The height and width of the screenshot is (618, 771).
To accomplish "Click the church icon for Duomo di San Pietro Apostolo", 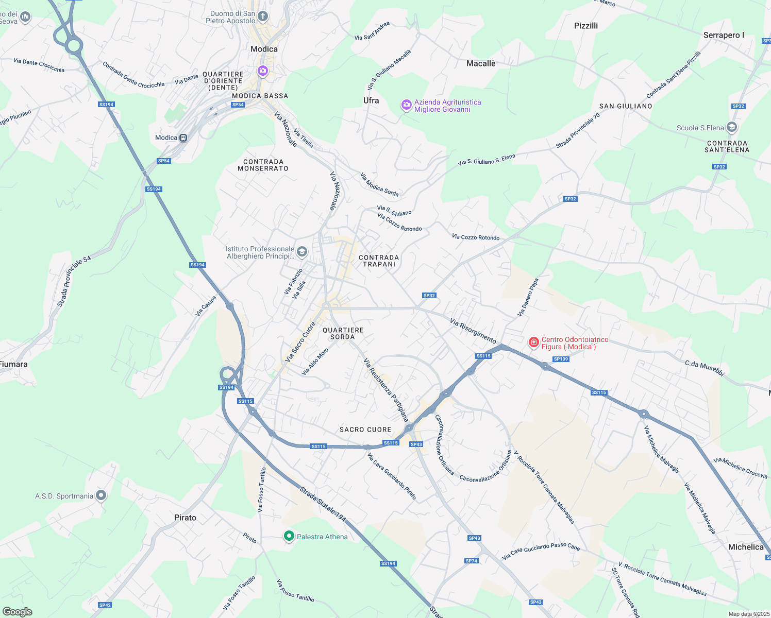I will tap(263, 16).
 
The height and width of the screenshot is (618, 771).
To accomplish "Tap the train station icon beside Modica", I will tap(183, 138).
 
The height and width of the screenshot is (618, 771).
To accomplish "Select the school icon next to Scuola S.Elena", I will tap(731, 127).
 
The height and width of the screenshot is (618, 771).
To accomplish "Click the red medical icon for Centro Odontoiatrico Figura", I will tap(534, 342).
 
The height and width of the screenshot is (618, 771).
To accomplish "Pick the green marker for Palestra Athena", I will tap(289, 537).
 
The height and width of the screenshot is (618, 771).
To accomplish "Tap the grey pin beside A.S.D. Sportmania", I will tap(101, 495).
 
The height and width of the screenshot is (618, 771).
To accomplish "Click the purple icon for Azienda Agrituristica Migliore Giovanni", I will tap(407, 106).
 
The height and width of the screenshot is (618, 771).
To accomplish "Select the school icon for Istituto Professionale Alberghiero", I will tap(302, 252).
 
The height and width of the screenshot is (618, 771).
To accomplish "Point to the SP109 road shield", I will tap(560, 359).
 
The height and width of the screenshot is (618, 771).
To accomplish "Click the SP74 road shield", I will tap(471, 561).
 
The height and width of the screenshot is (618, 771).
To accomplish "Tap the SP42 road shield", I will tap(105, 605).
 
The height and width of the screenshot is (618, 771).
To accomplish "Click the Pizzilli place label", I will tap(586, 26).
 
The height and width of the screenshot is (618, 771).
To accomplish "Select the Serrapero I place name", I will tap(724, 35).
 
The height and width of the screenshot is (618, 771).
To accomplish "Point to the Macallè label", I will tap(481, 63).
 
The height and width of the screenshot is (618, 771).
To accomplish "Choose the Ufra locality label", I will tap(371, 100).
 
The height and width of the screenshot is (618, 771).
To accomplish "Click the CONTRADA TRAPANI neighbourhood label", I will tap(379, 261).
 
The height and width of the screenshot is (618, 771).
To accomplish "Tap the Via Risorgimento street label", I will tap(473, 331).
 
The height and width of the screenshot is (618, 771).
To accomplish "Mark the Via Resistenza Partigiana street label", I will tap(386, 390).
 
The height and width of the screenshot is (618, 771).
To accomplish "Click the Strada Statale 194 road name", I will tap(323, 504).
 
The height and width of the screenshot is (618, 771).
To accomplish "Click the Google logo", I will tap(17, 611).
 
